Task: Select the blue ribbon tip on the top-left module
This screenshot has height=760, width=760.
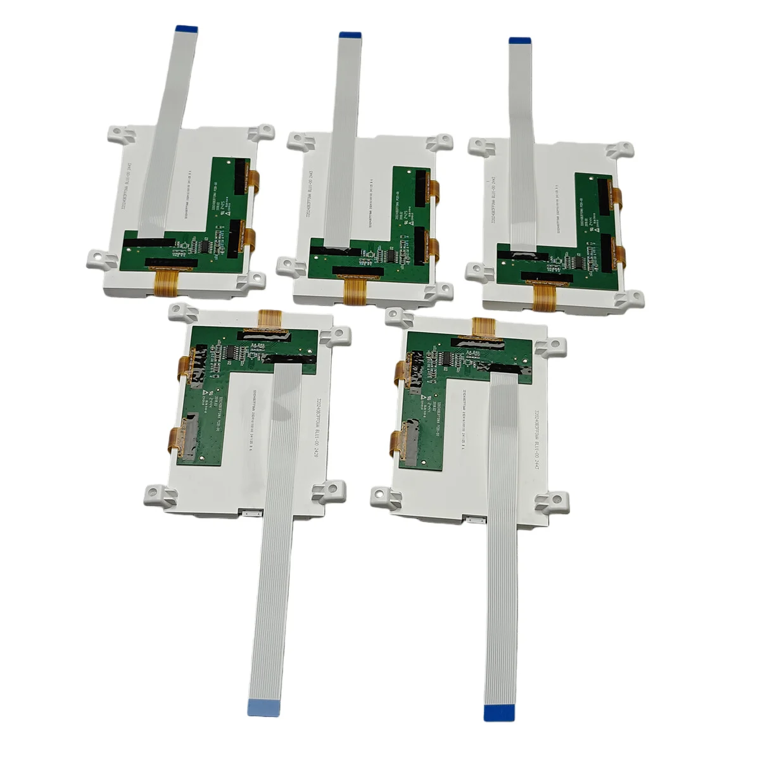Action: click(x=186, y=28)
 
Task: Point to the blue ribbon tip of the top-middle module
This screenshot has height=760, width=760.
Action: click(x=350, y=35)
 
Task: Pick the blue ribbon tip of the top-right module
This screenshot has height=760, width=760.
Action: click(x=520, y=41)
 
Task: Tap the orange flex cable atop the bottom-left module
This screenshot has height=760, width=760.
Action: click(x=271, y=319)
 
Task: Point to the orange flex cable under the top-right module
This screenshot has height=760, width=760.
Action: click(x=543, y=296)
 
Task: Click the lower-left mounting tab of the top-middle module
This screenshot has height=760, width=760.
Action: click(x=289, y=267)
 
